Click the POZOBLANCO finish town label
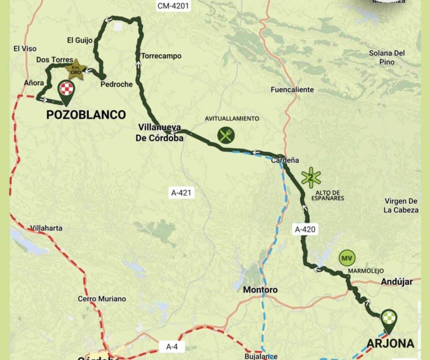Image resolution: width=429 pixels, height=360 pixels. click(86, 115)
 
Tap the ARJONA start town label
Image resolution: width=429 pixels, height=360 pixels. click(390, 344)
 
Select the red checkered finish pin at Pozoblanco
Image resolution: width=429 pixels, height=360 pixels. click(66, 90)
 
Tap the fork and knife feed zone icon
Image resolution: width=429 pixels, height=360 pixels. click(226, 135)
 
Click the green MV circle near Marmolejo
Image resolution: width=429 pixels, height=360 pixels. click(346, 258)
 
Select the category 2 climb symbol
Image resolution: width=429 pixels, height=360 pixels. click(311, 177)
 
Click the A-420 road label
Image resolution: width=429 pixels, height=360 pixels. click(305, 229)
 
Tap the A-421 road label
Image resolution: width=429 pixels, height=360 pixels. click(181, 193)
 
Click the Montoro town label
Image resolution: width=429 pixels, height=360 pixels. click(260, 290)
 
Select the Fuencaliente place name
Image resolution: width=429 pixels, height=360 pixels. click(292, 90)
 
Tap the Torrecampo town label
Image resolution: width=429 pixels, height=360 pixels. click(155, 56)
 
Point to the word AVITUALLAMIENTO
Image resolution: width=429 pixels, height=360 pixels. click(232, 118)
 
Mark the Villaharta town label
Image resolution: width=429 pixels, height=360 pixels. click(47, 228)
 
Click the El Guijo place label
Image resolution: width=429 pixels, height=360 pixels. click(80, 40)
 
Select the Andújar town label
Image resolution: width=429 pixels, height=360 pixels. click(397, 282)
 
